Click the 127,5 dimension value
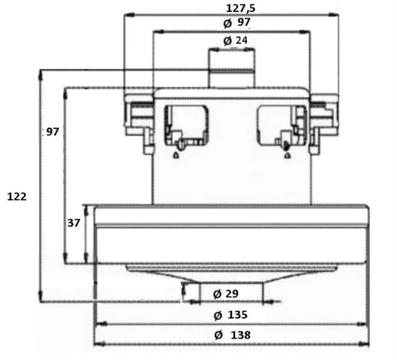[240, 8]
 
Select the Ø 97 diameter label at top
[237, 22]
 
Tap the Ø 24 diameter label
[236, 41]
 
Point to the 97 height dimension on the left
[52, 132]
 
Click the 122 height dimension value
[17, 197]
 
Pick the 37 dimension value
[74, 223]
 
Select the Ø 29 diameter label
[226, 294]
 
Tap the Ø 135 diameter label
[230, 315]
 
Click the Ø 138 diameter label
[232, 335]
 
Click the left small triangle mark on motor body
[176, 155]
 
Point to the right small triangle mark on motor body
[287, 155]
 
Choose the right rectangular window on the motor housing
[281, 126]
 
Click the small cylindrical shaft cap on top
[232, 68]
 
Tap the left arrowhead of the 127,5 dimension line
[129, 15]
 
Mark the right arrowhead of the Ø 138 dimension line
[364, 344]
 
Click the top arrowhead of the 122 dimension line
[40, 74]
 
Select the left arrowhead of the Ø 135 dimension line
[100, 324]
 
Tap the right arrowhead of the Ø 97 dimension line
[304, 32]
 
